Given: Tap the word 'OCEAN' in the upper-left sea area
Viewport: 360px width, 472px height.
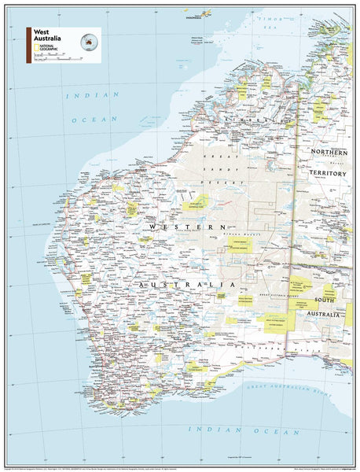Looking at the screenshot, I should pos(84,120).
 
